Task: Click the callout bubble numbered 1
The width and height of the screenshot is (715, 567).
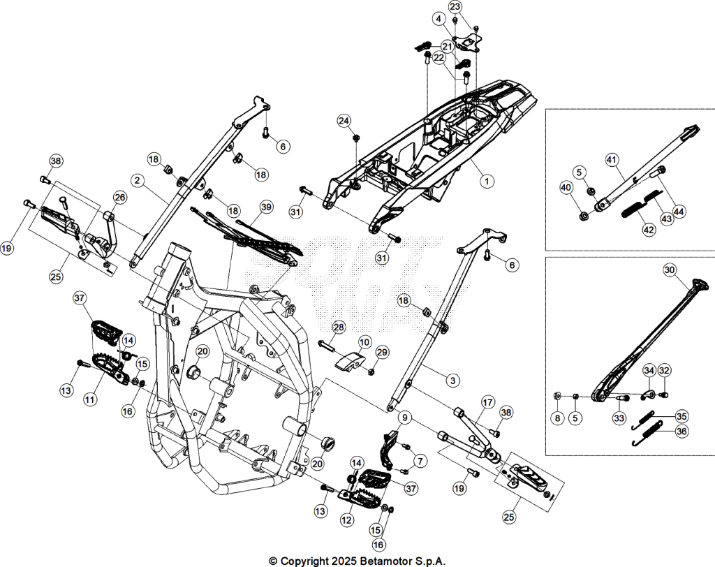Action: click(487, 181)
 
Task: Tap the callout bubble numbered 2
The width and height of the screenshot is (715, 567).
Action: click(137, 180)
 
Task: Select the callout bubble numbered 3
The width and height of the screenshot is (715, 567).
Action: click(452, 381)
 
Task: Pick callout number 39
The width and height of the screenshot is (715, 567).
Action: click(266, 207)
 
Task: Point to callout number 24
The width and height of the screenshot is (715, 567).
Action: click(345, 121)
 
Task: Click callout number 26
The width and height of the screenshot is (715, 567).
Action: click(120, 198)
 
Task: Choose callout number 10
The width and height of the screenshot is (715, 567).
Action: click(364, 341)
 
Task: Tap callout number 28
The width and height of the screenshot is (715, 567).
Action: click(339, 327)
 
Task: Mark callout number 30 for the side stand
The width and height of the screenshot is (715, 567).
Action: click(670, 270)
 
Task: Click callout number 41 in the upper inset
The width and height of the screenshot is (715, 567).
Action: click(612, 160)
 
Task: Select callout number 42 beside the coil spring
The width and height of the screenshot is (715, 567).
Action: click(649, 230)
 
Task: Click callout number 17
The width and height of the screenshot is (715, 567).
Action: click(488, 402)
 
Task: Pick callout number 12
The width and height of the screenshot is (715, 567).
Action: click(348, 520)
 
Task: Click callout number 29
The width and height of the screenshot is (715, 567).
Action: click(382, 353)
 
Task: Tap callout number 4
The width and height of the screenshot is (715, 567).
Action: click(438, 19)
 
